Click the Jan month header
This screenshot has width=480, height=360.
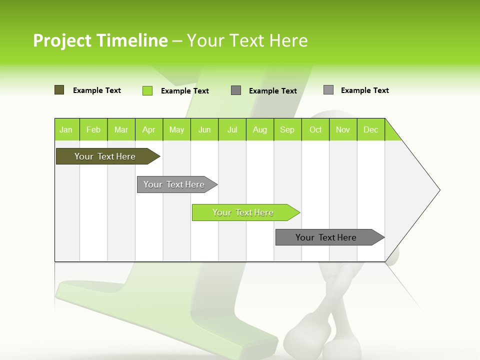(66, 129)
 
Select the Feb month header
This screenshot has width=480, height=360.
(93, 129)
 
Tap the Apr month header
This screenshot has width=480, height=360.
(149, 129)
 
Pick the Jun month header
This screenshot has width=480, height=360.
(204, 129)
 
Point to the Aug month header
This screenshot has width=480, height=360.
(260, 129)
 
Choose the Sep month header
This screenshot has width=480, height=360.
(287, 129)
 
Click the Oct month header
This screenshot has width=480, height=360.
(315, 129)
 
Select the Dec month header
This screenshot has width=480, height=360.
(371, 129)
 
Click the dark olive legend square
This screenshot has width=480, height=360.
(59, 90)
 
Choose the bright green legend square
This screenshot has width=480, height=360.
(147, 90)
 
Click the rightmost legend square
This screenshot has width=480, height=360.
(328, 90)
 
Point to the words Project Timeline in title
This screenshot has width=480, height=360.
(100, 40)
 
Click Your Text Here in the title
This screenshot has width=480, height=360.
(247, 40)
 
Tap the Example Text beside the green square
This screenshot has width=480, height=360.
(184, 91)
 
